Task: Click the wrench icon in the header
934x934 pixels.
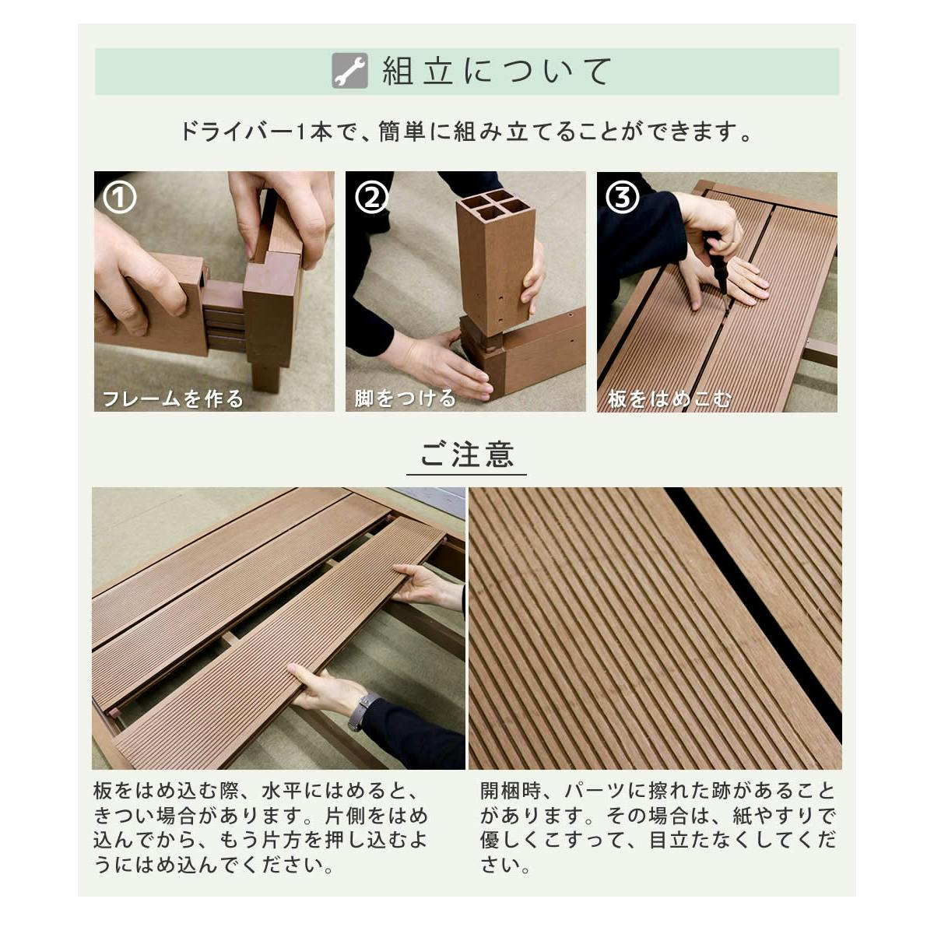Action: [x=349, y=71]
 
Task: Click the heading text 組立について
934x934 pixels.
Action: [x=497, y=72]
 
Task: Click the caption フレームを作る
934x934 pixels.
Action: [x=173, y=399]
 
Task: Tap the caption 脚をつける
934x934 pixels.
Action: [x=406, y=399]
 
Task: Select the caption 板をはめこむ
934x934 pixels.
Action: [x=669, y=399]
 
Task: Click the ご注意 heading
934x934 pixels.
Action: [x=466, y=454]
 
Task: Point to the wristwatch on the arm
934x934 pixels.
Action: [x=359, y=712]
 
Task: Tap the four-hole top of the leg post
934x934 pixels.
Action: [x=494, y=204]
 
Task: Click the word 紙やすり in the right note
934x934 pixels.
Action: [x=773, y=816]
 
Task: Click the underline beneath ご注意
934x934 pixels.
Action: [x=466, y=474]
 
